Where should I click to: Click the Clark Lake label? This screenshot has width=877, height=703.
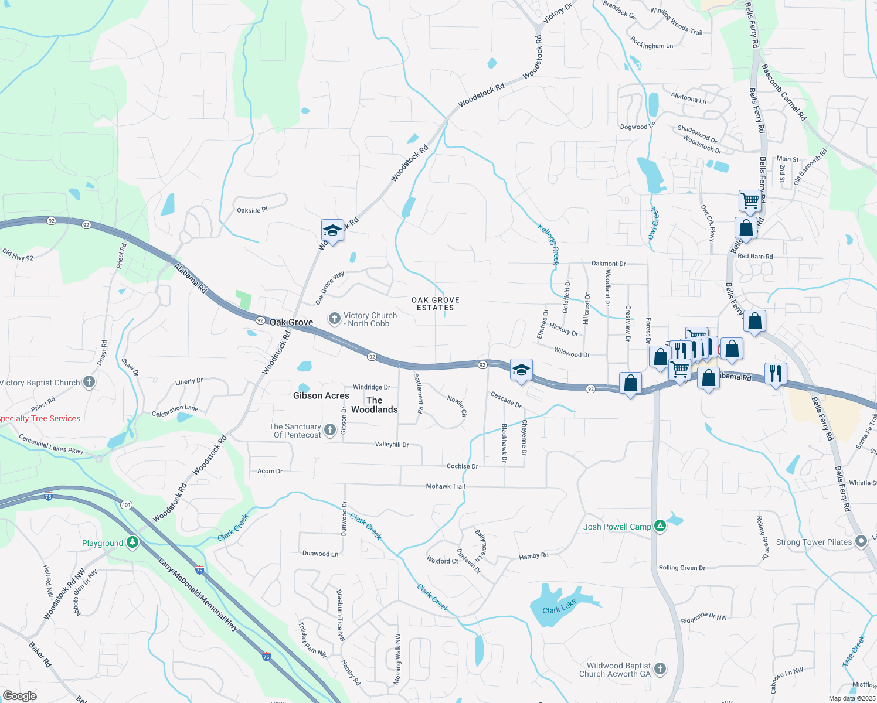click(559, 608)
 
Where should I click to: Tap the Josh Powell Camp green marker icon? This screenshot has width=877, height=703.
click(660, 526)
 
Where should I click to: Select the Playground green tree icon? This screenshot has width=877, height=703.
click(132, 542)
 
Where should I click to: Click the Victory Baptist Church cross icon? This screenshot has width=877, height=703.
click(89, 383)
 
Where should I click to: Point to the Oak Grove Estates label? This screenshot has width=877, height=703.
click(436, 303)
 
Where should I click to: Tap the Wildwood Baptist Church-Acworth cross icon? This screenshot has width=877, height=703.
click(660, 668)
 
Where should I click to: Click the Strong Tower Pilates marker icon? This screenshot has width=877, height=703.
click(861, 541)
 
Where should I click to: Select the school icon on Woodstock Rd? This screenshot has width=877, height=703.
click(332, 231)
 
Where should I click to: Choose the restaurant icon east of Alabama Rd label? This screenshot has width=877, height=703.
click(776, 373)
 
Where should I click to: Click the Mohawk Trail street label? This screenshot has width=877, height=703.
click(446, 486)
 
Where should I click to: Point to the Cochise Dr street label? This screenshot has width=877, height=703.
click(463, 466)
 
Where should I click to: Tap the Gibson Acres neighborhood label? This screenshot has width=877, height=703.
click(321, 395)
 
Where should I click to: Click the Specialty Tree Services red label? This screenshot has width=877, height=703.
click(39, 418)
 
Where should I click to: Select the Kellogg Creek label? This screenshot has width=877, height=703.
click(549, 244)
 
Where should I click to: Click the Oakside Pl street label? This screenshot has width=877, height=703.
click(252, 210)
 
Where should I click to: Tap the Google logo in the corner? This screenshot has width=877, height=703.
click(19, 696)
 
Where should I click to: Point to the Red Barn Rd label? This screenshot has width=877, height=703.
click(755, 256)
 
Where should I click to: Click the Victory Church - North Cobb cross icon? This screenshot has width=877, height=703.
click(334, 319)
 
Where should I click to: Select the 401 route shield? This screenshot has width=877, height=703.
click(126, 504)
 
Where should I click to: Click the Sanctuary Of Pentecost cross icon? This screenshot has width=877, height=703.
click(329, 431)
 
